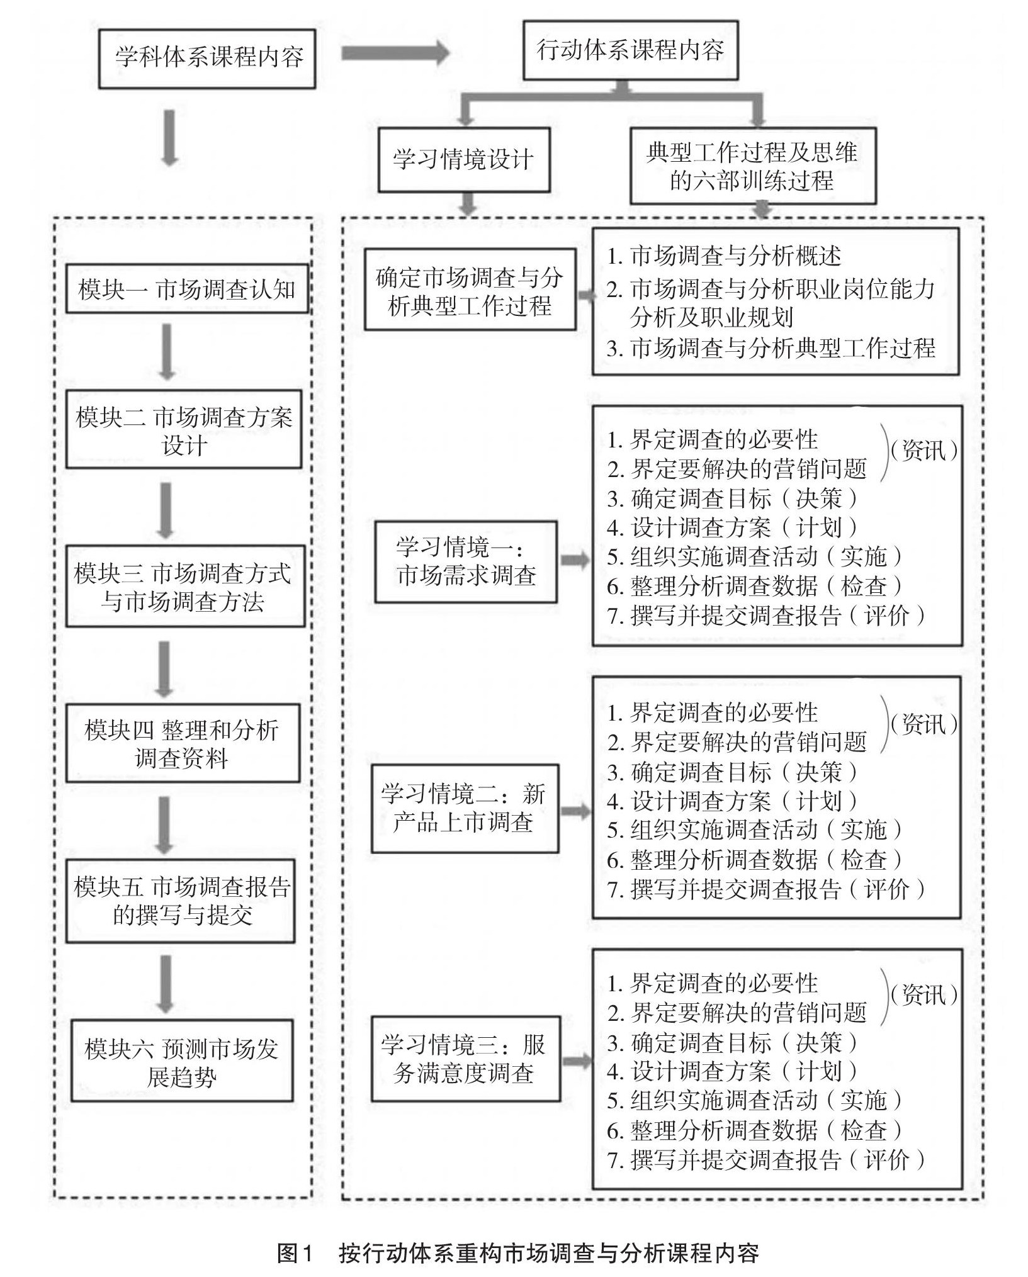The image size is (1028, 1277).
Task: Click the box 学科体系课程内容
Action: pyautogui.click(x=207, y=59)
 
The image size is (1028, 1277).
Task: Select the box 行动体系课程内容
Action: pyautogui.click(x=630, y=50)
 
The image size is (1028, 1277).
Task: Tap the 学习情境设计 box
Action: pyautogui.click(x=464, y=160)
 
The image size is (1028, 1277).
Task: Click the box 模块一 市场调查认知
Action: pyautogui.click(x=187, y=290)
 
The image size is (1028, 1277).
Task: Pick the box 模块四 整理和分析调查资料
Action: pyautogui.click(x=183, y=743)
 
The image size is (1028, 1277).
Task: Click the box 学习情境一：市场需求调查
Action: pyautogui.click(x=466, y=561)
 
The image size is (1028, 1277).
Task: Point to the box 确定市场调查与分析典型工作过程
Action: pyautogui.click(x=470, y=290)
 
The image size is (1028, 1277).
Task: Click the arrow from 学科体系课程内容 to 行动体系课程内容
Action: pyautogui.click(x=395, y=53)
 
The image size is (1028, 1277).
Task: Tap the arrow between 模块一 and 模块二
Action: pyautogui.click(x=166, y=352)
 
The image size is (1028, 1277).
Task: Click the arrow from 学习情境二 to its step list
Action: pyautogui.click(x=575, y=811)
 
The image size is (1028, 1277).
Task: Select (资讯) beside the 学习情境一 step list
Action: pyautogui.click(x=924, y=451)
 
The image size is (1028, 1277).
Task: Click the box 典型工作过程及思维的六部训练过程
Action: pyautogui.click(x=753, y=166)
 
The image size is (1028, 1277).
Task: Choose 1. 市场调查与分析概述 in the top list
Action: pyautogui.click(x=724, y=256)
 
